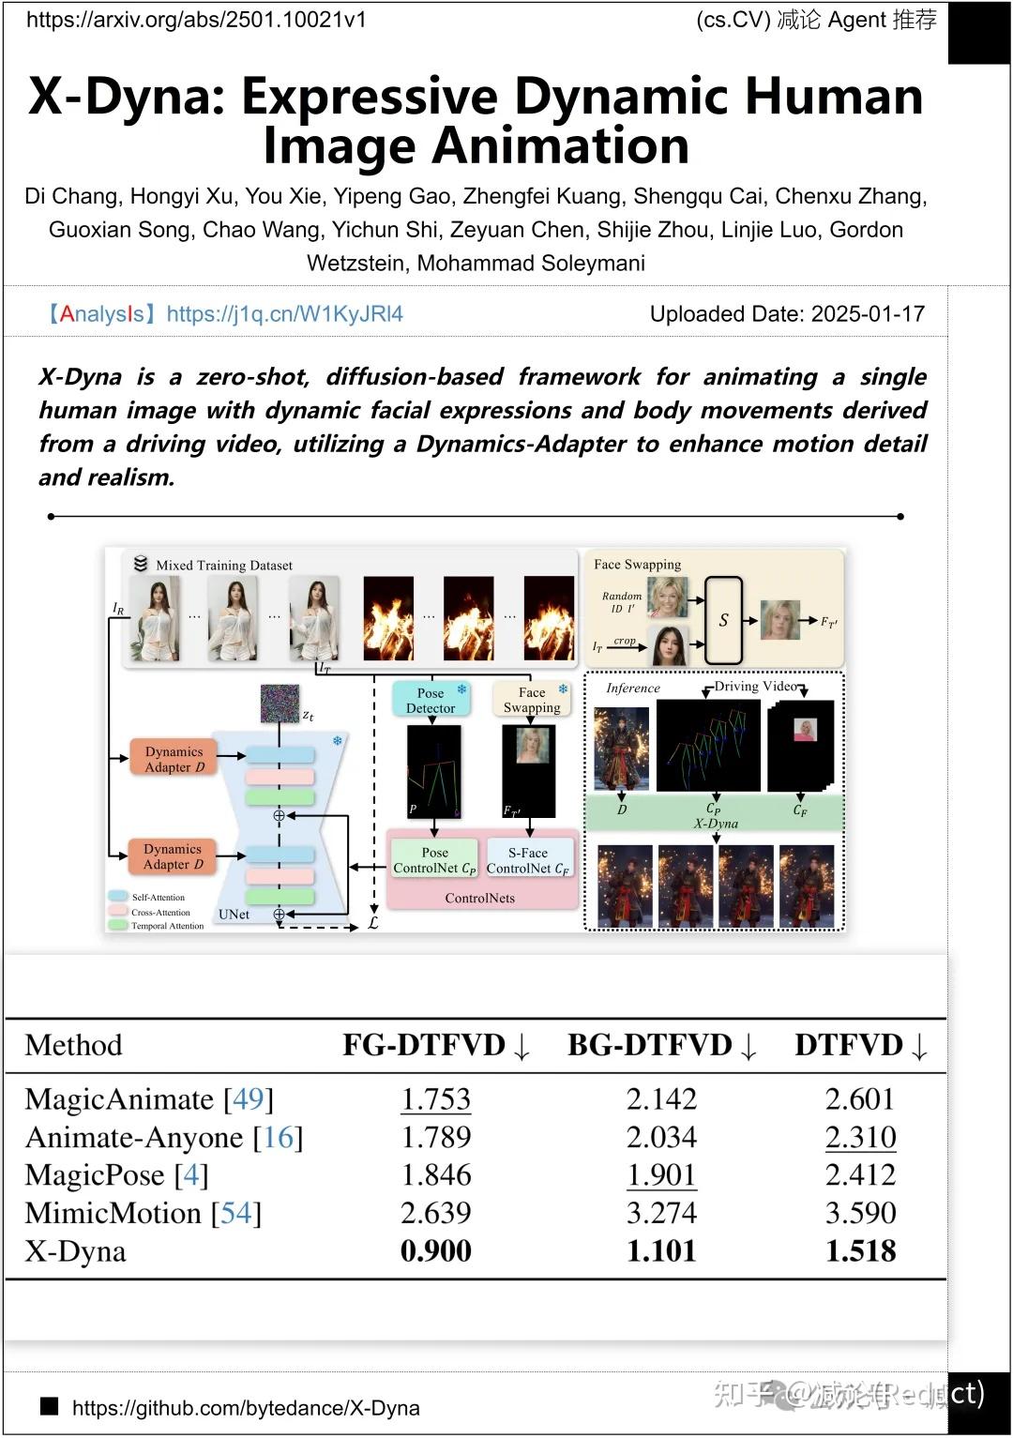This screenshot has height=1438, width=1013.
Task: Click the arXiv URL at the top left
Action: tap(196, 20)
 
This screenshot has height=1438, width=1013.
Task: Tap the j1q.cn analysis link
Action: tap(284, 314)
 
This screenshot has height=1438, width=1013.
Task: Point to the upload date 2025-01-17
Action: tap(868, 314)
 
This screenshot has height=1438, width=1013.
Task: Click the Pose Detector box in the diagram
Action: tap(431, 701)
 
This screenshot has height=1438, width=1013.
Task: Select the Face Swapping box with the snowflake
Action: tap(532, 700)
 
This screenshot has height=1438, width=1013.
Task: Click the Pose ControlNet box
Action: tap(434, 860)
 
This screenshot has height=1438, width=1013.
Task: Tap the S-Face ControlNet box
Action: tap(528, 860)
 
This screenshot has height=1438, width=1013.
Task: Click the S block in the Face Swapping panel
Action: tap(723, 620)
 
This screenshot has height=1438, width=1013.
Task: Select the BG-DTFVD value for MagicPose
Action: tap(661, 1175)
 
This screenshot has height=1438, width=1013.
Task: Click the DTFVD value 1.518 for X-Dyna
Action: tap(860, 1251)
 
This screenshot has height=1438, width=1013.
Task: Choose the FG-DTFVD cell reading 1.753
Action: tap(435, 1099)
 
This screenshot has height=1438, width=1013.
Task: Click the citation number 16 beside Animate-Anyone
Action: tap(279, 1138)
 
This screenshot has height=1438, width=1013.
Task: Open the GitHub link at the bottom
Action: tap(246, 1408)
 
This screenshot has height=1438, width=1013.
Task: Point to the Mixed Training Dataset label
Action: tap(224, 566)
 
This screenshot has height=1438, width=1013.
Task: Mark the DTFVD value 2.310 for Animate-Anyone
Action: tap(860, 1138)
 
